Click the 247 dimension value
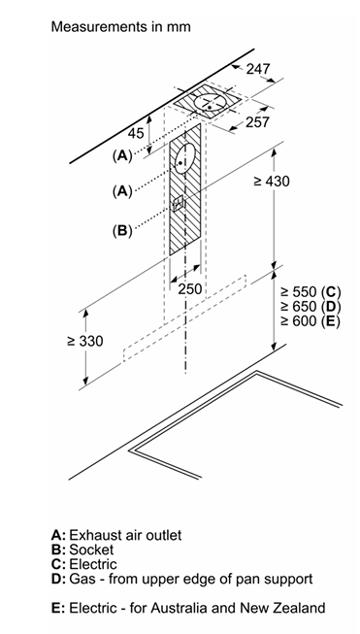(258, 69)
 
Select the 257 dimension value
(257, 121)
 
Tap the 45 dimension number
(135, 133)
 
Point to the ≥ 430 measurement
(272, 182)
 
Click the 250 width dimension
(190, 288)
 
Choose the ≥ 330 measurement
(85, 341)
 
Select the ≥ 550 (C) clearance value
(311, 292)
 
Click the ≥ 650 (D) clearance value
(311, 307)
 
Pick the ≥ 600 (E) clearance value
(311, 321)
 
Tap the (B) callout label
(122, 231)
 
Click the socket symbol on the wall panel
(179, 203)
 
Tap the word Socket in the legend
(91, 550)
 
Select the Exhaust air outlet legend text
(125, 535)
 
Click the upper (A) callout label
(122, 155)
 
